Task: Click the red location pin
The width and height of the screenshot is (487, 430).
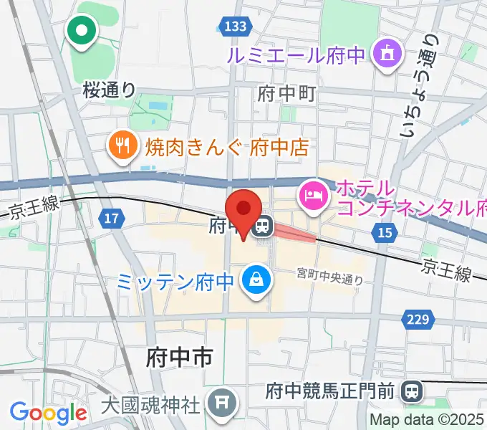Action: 243,209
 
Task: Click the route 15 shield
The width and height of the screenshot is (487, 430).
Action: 385,232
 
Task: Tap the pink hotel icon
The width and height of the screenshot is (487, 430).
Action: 313,193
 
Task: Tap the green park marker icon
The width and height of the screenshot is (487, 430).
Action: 82,31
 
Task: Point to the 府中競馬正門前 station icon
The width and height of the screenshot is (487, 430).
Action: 412,391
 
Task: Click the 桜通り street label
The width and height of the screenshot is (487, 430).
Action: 109,89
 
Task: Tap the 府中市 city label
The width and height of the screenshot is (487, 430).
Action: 179,356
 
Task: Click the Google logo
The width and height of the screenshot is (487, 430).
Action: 48,413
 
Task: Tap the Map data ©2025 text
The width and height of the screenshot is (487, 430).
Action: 428,420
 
